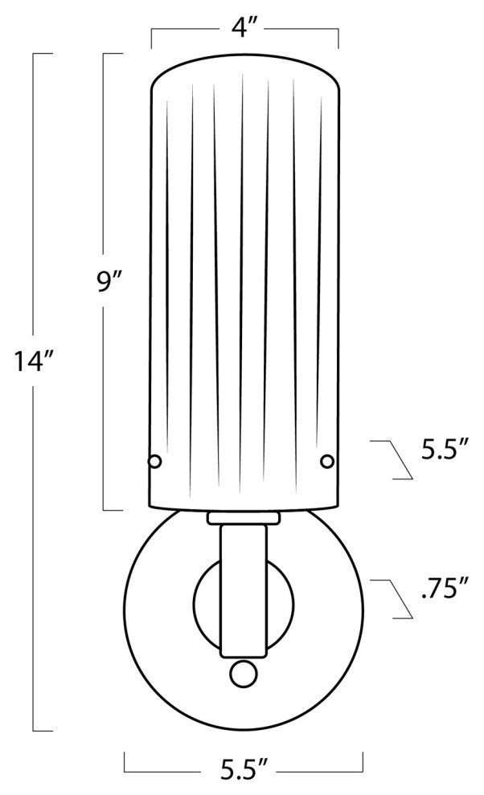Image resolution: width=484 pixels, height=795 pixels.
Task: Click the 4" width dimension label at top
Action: pos(245,28)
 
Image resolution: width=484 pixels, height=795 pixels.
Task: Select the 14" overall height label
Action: pos(34,361)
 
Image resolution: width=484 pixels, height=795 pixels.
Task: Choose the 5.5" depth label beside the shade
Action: pos(445,450)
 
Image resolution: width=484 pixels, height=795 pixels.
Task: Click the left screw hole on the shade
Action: pos(154,461)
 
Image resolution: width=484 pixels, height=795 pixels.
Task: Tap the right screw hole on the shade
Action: pos(327,461)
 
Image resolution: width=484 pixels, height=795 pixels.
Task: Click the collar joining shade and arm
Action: pos(244,518)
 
